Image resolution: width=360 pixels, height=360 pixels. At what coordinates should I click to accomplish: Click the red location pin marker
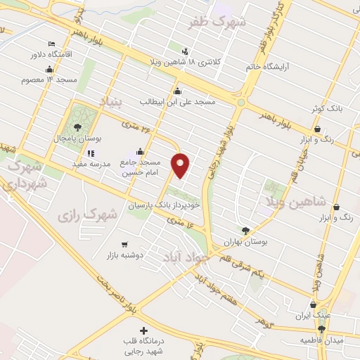[x=181, y=166]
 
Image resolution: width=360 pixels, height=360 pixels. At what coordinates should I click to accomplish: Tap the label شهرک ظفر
[x=219, y=23]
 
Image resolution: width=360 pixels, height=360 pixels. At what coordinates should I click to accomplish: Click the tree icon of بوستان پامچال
[x=77, y=127]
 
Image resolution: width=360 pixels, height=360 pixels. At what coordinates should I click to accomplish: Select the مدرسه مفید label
[x=88, y=163]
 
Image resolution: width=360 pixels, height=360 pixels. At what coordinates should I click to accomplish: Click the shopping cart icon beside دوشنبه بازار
[x=124, y=245]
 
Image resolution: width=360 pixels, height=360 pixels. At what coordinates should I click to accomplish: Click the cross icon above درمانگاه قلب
[x=144, y=330]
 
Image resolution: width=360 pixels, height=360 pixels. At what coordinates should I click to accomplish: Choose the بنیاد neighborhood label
[x=110, y=103]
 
